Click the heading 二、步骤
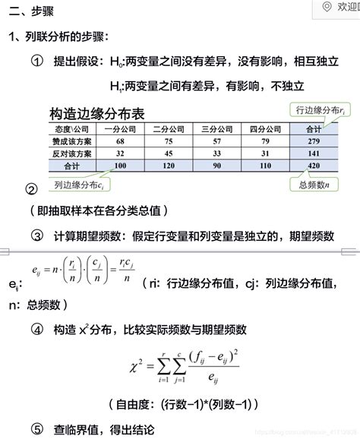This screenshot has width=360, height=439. coord(32,12)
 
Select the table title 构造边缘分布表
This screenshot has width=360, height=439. coord(96,114)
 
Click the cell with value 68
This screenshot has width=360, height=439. coord(120,141)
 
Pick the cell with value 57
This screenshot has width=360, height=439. coord(217,141)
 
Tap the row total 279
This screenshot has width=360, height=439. coord(313,141)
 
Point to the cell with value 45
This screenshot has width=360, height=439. coord(169,153)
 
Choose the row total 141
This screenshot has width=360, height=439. coord(313,153)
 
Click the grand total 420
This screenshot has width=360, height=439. coord(313,165)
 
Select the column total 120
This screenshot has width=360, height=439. coord(169,165)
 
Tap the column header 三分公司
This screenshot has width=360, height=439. coord(217,129)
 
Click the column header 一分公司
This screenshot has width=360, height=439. coord(120,129)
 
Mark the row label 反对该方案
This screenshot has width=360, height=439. coord(71,153)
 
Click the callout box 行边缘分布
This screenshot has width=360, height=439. coord(322,111)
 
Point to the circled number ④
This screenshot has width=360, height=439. coord(36,330)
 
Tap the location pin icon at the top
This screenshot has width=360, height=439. coord(327,7)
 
